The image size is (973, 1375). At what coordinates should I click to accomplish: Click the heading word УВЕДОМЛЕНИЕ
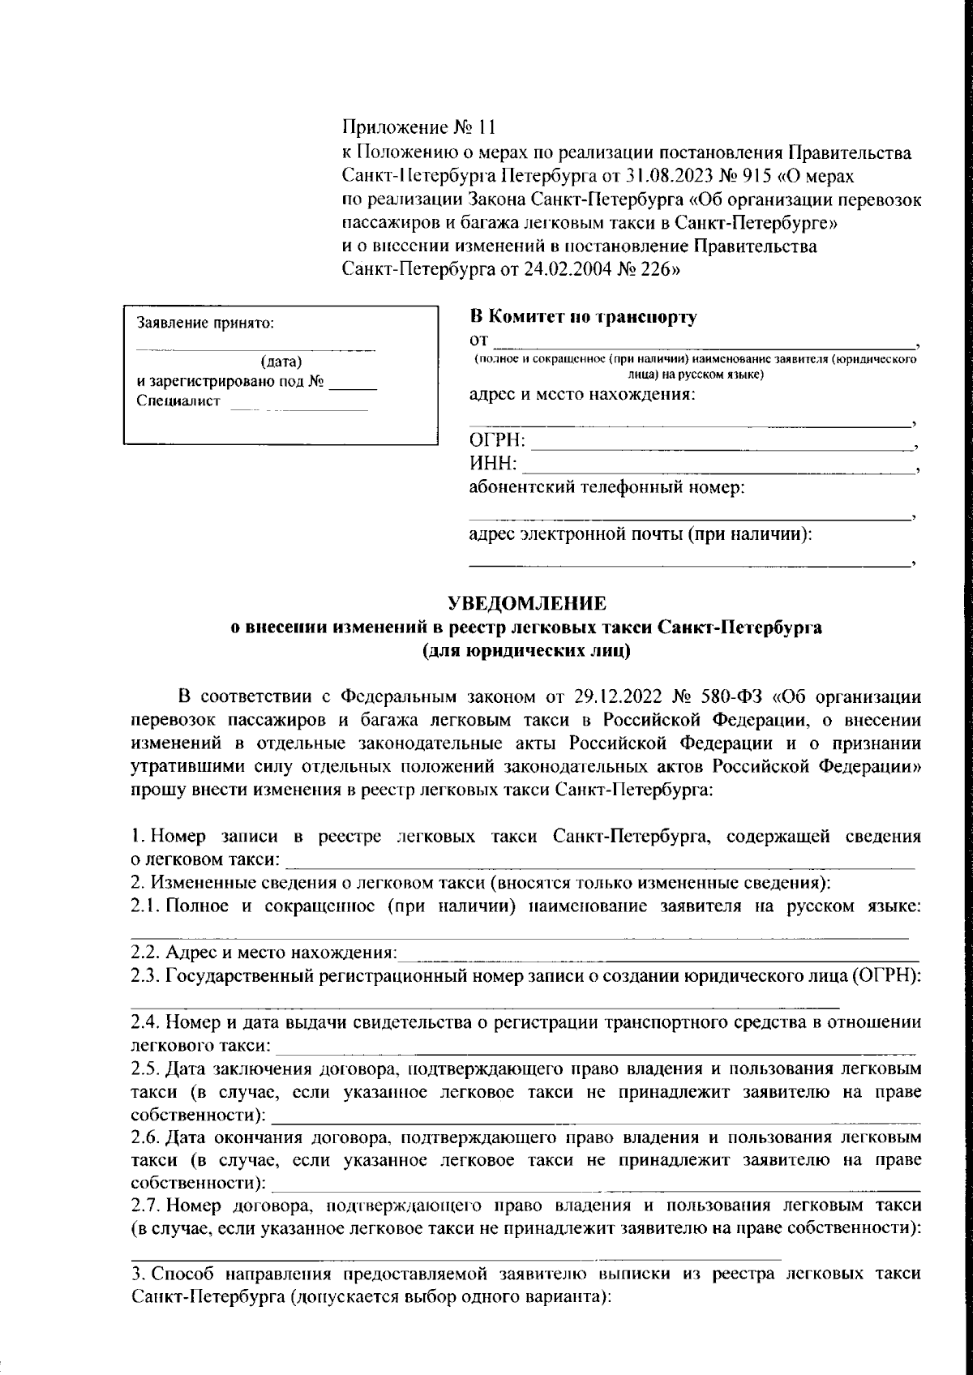[527, 603]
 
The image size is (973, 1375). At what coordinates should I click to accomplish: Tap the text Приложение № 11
[418, 128]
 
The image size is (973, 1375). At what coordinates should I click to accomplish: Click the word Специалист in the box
[178, 402]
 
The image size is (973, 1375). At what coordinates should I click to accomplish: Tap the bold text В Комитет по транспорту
[583, 317]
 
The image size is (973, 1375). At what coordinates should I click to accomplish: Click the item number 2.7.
[147, 1206]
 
